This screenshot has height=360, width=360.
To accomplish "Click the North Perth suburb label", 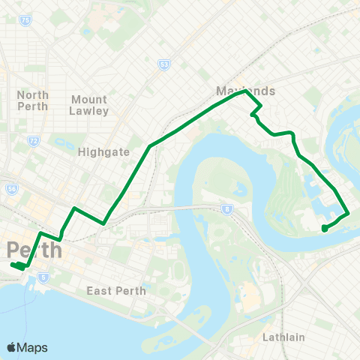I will pyautogui.click(x=33, y=100).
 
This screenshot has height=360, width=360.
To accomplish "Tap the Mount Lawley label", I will pyautogui.click(x=89, y=105).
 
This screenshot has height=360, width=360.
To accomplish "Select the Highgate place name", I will pyautogui.click(x=104, y=151).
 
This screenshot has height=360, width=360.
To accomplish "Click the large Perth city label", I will pyautogui.click(x=33, y=250).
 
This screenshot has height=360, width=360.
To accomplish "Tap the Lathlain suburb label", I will pyautogui.click(x=283, y=337).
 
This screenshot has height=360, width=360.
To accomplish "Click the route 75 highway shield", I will pyautogui.click(x=25, y=21).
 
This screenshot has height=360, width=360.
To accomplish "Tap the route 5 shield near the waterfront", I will pyautogui.click(x=44, y=278).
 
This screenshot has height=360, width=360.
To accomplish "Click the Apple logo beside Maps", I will pyautogui.click(x=11, y=347).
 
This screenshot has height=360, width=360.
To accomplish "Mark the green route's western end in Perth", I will pyautogui.click(x=13, y=265).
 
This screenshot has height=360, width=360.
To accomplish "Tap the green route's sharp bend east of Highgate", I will pyautogui.click(x=152, y=145).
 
